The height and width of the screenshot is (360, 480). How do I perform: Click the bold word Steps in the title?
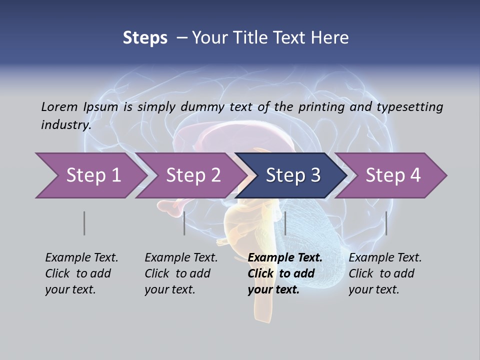coord(145,37)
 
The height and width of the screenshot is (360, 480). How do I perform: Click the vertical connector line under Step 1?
coord(84,223)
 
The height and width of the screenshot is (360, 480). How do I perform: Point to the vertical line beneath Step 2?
coord(184,223)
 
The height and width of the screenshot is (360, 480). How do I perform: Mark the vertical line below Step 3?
coord(285,223)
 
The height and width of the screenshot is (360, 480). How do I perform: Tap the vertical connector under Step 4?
coord(386,223)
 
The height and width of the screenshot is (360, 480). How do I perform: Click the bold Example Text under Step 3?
coord(285,273)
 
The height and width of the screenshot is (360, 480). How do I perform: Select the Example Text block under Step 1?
coord(81,273)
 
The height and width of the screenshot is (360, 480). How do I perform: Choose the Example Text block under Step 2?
coord(181,273)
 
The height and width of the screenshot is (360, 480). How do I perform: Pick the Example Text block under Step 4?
coord(385,273)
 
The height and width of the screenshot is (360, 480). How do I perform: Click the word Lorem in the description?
coord(59,106)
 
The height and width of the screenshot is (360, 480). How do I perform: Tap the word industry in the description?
coord(66,124)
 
